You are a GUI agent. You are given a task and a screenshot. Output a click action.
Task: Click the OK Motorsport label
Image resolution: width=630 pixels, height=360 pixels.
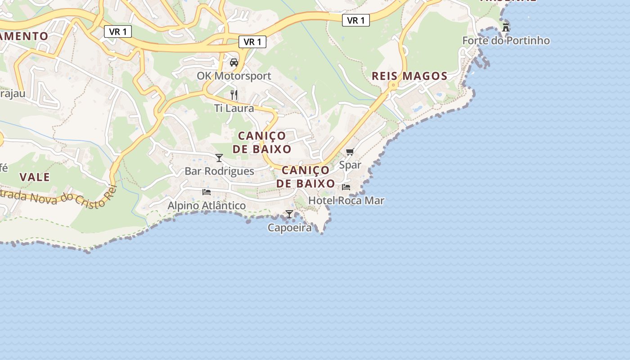coord(234,76)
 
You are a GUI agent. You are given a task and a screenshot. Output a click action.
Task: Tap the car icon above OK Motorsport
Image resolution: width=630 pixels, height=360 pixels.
coord(234,63)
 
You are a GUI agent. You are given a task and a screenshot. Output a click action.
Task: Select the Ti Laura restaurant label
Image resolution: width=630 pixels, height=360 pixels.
coord(234,108)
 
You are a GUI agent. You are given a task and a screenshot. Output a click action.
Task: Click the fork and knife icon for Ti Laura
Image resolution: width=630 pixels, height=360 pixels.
coord(234,95)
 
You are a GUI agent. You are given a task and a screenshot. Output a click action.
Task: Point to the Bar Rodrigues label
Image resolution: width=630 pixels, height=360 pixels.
coord(219,171)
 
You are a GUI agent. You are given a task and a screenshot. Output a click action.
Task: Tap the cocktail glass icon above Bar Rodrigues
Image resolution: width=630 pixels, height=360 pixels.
coord(219,158)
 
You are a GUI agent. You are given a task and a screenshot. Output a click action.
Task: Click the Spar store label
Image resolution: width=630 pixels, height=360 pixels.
coord(350,165)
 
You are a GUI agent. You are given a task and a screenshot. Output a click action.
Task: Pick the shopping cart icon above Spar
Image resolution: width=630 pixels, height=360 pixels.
coord(350,152)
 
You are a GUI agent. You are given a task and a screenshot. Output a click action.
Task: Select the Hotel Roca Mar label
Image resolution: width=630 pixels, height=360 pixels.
coord(346,201)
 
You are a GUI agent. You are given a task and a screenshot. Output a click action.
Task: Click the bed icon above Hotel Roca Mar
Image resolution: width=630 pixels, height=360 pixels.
coord(346,187)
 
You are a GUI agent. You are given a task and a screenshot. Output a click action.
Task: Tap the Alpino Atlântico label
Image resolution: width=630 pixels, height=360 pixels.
coord(207,206)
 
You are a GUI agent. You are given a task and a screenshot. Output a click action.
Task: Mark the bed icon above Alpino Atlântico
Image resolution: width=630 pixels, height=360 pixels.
coord(207,192)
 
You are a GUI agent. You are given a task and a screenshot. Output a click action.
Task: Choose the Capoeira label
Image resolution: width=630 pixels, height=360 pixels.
coord(289,228)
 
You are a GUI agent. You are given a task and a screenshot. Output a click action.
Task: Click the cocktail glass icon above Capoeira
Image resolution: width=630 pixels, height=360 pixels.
coord(289,214)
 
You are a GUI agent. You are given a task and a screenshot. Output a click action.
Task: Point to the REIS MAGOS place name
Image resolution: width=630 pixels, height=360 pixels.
coord(409,76)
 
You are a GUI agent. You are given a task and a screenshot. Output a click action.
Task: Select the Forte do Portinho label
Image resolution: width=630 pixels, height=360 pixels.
coord(506,41)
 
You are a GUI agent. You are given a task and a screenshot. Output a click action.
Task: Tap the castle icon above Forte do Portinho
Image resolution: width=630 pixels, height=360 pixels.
coord(506,27)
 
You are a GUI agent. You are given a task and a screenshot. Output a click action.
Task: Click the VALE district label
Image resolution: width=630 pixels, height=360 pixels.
coord(35,177)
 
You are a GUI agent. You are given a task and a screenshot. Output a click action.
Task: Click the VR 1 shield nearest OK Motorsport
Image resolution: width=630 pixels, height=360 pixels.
coord(252,42)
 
